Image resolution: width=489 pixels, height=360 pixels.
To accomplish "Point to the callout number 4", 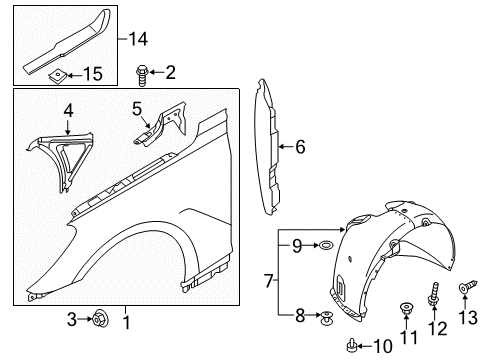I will tap(67, 110).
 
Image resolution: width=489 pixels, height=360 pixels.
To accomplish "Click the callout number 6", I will tap(300, 147).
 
